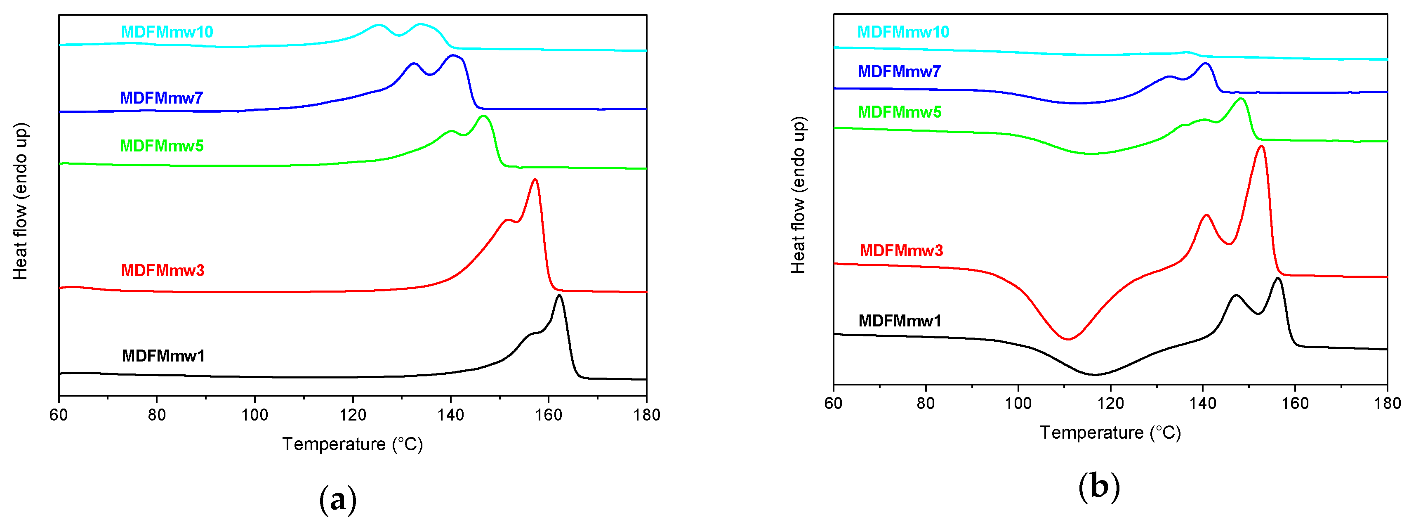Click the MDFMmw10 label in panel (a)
pyautogui.click(x=167, y=32)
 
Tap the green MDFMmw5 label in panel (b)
pyautogui.click(x=899, y=112)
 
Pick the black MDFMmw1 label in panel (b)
pyautogui.click(x=900, y=321)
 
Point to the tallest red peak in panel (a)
pyautogui.click(x=535, y=180)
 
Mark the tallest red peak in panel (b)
pyautogui.click(x=1261, y=147)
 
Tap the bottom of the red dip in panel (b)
pyautogui.click(x=1067, y=339)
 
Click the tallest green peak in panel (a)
pyautogui.click(x=483, y=116)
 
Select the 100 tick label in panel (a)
pyautogui.click(x=254, y=415)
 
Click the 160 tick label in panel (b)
pyautogui.click(x=1295, y=403)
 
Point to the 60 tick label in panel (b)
pyautogui.click(x=833, y=403)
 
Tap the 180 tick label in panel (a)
pyautogui.click(x=646, y=415)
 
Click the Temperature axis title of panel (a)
pyautogui.click(x=352, y=444)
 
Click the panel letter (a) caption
pyautogui.click(x=337, y=499)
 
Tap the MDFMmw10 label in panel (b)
pyautogui.click(x=903, y=32)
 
